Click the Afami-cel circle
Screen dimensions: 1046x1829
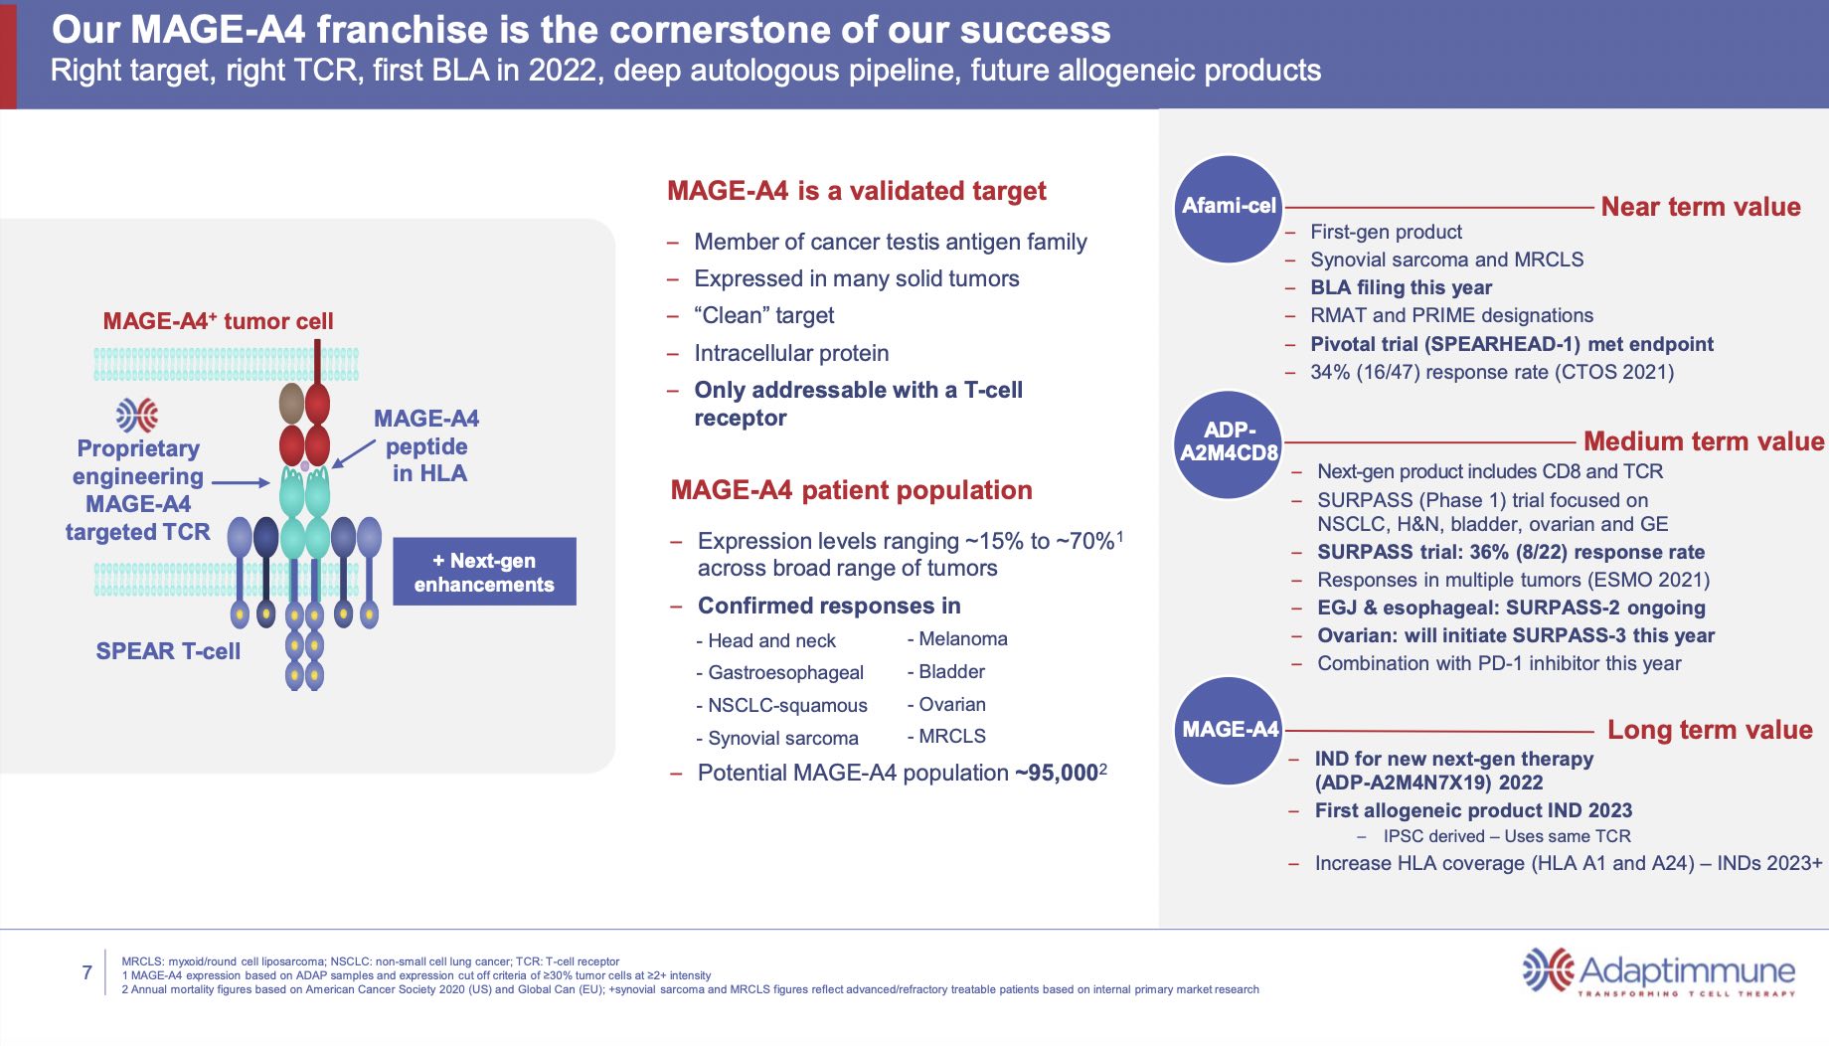1229,209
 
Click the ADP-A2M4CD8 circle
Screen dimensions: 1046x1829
1229,443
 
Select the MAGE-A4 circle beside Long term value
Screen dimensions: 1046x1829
1229,731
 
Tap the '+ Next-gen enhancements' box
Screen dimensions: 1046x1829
484,572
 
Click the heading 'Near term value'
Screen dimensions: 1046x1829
1700,207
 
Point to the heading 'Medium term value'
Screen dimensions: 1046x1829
1703,441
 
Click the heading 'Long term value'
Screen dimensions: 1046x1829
1709,730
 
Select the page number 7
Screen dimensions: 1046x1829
86,972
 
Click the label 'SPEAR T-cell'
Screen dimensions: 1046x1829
168,651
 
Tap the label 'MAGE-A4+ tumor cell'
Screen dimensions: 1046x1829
218,321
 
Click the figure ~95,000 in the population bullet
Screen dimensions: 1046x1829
1056,773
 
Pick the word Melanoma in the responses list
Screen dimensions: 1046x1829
962,639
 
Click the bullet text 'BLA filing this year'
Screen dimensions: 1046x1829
1401,287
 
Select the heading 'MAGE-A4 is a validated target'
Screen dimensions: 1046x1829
856,191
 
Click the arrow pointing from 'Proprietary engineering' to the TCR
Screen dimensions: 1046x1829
240,482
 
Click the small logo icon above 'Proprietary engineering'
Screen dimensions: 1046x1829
137,415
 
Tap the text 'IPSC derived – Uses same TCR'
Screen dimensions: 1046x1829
1506,836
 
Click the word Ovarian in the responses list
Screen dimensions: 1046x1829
951,705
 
